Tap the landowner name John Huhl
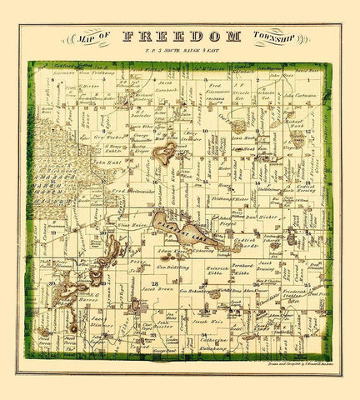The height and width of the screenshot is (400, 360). click(x=109, y=164)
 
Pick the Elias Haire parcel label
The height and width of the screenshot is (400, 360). click(x=134, y=225)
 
